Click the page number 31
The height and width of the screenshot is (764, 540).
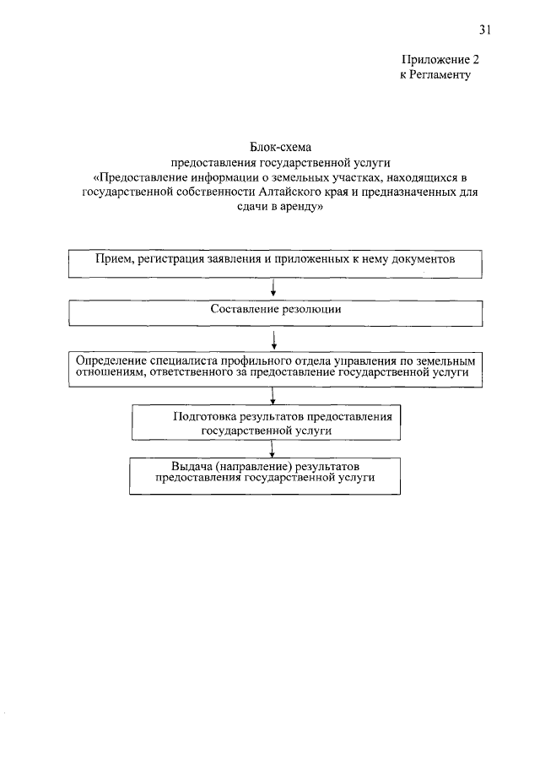pos(484,30)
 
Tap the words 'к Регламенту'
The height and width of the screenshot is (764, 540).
pos(434,74)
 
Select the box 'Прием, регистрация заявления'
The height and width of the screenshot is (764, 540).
pos(275,264)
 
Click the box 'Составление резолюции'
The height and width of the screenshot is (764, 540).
pos(275,313)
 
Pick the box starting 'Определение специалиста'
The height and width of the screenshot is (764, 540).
pos(275,366)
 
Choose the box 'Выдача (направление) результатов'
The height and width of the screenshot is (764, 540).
pos(265,474)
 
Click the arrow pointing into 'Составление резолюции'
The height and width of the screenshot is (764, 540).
pos(275,290)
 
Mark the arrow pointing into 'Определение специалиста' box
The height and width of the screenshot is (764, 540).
pos(275,339)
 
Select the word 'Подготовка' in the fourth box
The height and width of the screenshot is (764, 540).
pos(202,417)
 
